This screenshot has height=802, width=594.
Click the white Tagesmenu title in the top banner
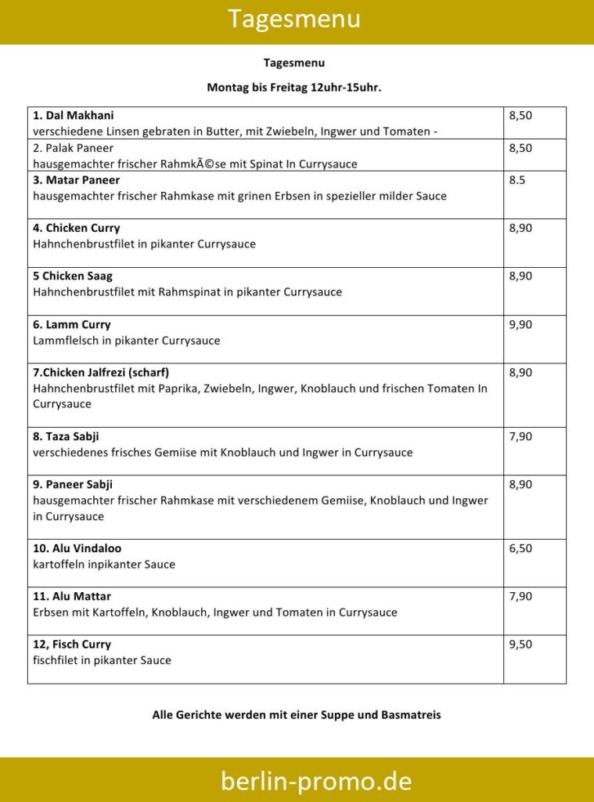point(293,19)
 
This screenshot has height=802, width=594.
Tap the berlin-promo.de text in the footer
point(315,780)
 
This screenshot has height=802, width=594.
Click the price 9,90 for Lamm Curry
point(520,324)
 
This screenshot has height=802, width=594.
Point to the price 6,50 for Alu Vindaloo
point(520,548)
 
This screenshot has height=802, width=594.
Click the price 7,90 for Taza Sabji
point(520,436)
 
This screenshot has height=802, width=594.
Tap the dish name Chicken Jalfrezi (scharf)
point(101,372)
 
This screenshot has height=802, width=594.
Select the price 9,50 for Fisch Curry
point(520,644)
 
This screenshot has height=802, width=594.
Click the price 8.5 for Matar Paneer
point(517,180)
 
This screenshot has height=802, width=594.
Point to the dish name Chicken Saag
point(73,276)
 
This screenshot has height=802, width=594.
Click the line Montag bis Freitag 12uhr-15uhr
point(293,88)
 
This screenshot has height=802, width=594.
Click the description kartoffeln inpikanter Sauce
point(104,564)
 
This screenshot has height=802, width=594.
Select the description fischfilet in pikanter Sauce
point(102,660)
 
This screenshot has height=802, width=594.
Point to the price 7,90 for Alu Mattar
point(520,596)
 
